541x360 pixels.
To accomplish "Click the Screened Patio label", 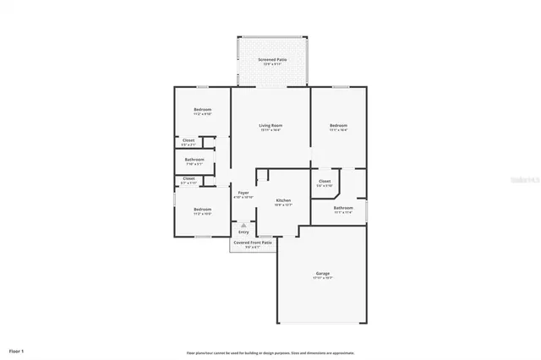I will pos(271,60).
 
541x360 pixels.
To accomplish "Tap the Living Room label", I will pos(270,125).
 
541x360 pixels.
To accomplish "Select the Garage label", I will pos(323,273).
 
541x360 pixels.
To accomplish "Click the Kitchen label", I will pos(283,200).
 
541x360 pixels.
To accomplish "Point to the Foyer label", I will pos(243,193).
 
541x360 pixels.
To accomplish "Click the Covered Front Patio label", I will pos(253,243).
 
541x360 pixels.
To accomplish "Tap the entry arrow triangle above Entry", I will pos(243,225).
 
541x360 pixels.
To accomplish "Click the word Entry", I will pos(243,232).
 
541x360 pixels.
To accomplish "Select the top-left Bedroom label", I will pos(202,110).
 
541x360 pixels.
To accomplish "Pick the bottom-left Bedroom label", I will pos(202,209).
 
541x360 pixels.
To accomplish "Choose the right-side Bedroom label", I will pos(338,125).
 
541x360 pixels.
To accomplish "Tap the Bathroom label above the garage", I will pos(343,207).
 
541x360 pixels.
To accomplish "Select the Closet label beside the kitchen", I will pos(325,181).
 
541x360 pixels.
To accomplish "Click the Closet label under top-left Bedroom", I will pos(189,140).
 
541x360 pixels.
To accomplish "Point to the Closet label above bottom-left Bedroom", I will pos(189,177).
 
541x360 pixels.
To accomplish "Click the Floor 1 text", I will pos(17,350).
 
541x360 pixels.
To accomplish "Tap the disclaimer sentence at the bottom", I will pos(270,352).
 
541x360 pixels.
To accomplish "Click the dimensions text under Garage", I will pos(323,278).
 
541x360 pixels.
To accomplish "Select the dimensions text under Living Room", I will pos(270,130).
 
